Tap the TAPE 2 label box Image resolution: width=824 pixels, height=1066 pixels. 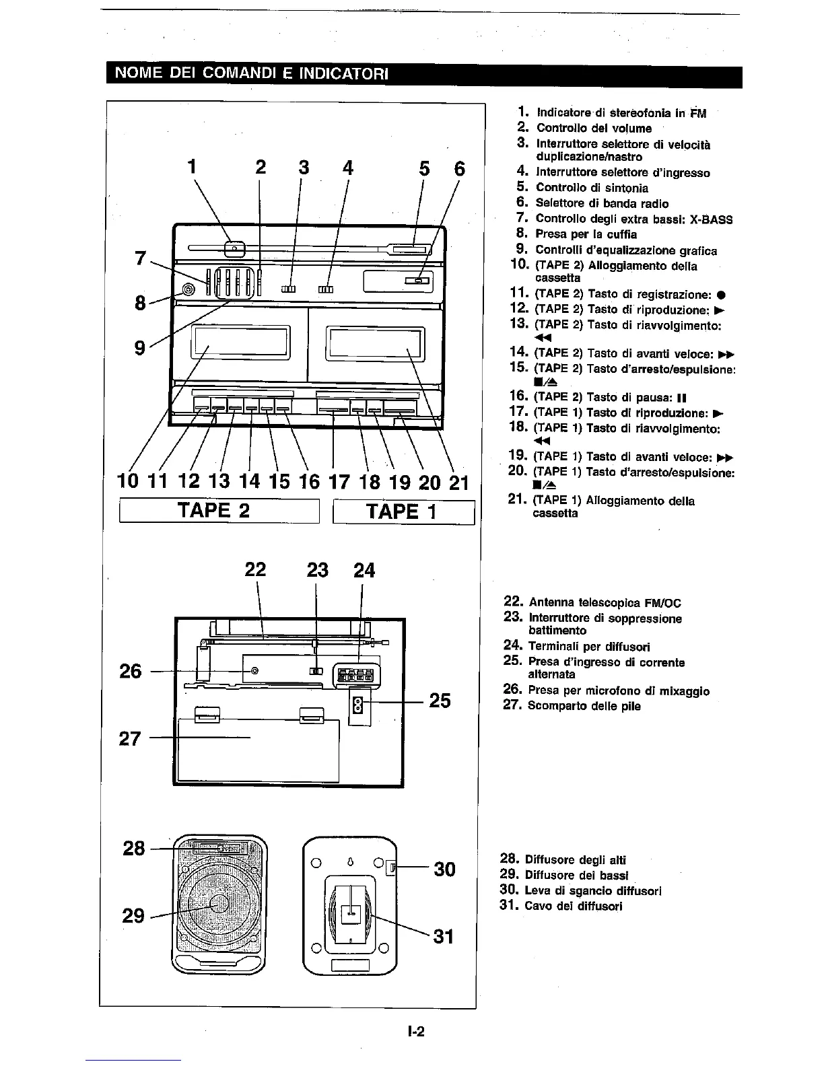pyautogui.click(x=214, y=510)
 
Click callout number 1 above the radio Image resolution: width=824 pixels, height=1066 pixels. pyautogui.click(x=192, y=167)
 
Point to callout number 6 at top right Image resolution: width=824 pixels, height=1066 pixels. pyautogui.click(x=459, y=168)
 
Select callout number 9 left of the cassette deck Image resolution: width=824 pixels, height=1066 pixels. pyautogui.click(x=139, y=347)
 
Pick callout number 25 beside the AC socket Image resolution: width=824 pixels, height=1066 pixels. pyautogui.click(x=440, y=701)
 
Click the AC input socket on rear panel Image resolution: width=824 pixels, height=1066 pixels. pyautogui.click(x=359, y=705)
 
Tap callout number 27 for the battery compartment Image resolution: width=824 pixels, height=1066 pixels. pyautogui.click(x=130, y=738)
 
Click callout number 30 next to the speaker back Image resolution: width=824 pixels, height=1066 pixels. pyautogui.click(x=444, y=869)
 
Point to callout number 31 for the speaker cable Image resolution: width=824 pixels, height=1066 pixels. pyautogui.click(x=444, y=936)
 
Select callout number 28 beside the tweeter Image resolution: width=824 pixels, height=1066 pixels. pyautogui.click(x=134, y=848)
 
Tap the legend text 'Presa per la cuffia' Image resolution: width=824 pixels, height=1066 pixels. pyautogui.click(x=586, y=234)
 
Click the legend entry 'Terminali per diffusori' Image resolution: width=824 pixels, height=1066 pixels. pyautogui.click(x=589, y=647)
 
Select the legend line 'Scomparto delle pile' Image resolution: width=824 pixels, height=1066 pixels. pyautogui.click(x=584, y=706)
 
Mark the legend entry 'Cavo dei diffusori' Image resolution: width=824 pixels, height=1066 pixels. pyautogui.click(x=573, y=906)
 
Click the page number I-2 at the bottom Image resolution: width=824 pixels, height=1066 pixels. pyautogui.click(x=415, y=1032)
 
